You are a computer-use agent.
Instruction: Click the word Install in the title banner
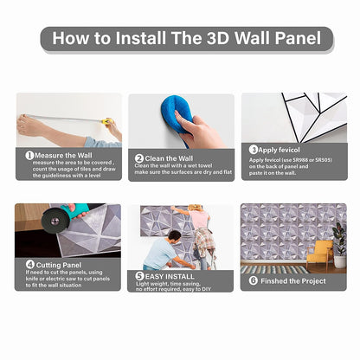(140, 38)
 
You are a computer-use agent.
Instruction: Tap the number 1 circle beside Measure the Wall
(29, 156)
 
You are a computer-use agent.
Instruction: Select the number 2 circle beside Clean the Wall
(139, 158)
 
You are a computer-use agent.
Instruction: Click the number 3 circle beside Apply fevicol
(254, 150)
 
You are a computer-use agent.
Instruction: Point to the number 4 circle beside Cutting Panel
(30, 265)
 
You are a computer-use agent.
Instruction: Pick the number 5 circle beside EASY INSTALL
(139, 276)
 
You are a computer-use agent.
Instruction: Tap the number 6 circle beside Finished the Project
(254, 280)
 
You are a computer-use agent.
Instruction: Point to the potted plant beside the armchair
(339, 245)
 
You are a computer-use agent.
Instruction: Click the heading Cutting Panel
(59, 265)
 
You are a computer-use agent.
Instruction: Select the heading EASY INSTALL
(170, 276)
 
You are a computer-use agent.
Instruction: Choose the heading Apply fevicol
(279, 150)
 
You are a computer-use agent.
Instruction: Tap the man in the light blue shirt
(163, 250)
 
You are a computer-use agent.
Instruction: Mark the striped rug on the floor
(273, 270)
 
